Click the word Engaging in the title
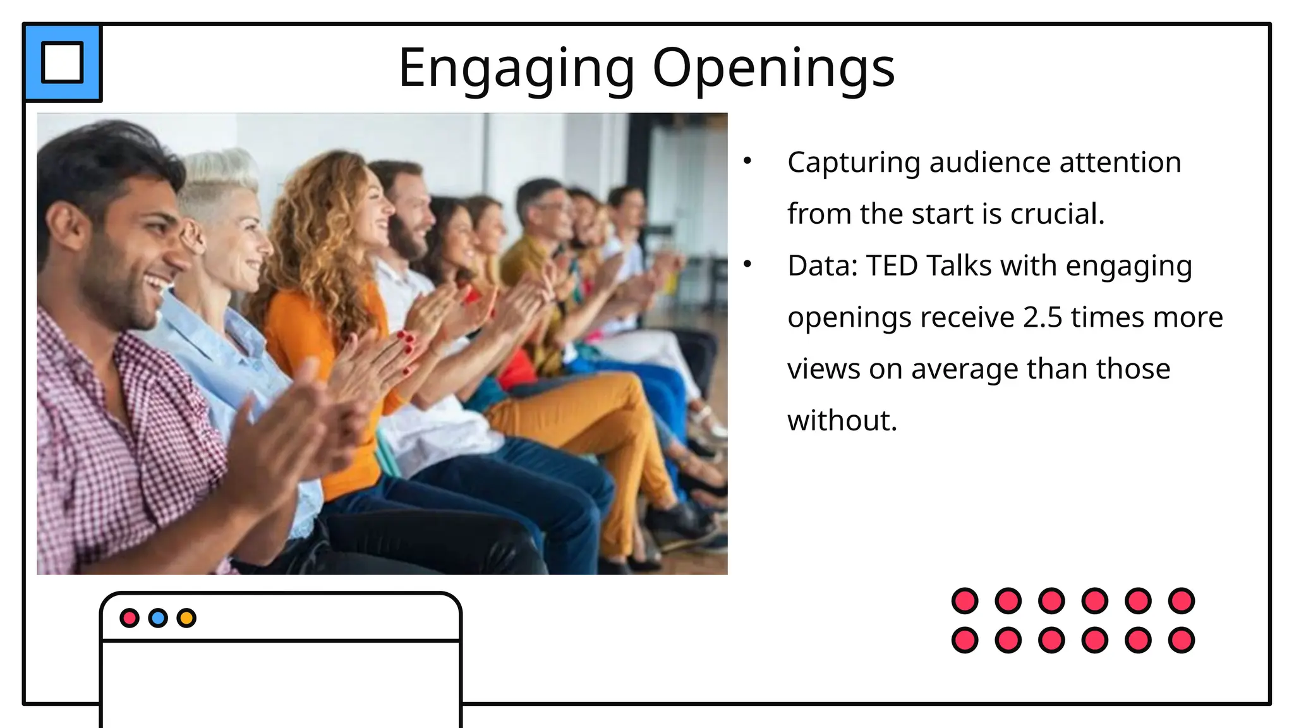[x=516, y=68]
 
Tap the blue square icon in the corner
[x=63, y=63]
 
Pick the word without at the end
[x=842, y=420]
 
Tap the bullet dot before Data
[x=747, y=264]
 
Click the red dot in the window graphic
[x=130, y=617]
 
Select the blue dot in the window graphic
[x=158, y=617]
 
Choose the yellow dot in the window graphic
[x=186, y=617]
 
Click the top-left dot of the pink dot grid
[x=964, y=600]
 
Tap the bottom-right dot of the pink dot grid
[x=1181, y=640]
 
